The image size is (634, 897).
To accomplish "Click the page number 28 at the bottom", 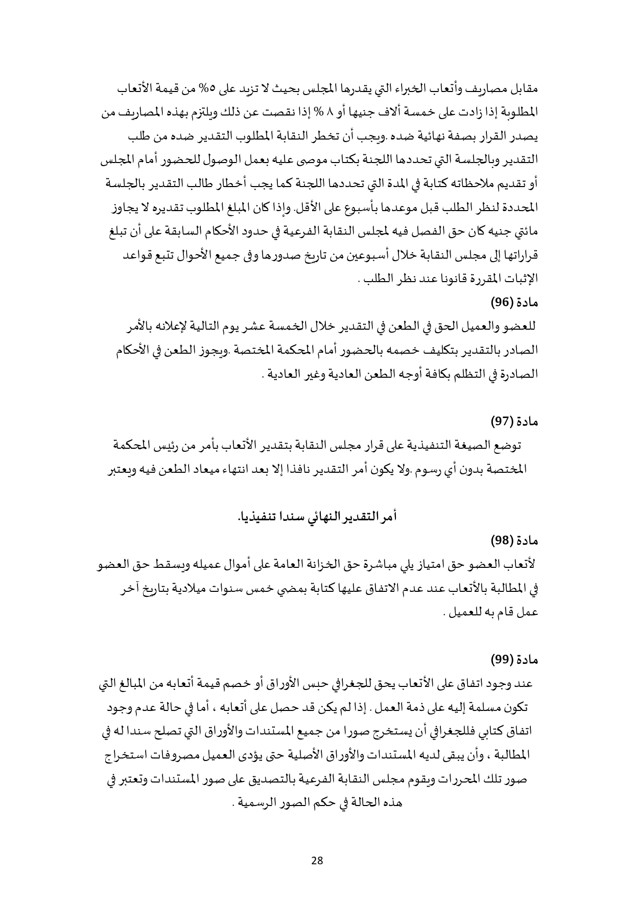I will point(317,860).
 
